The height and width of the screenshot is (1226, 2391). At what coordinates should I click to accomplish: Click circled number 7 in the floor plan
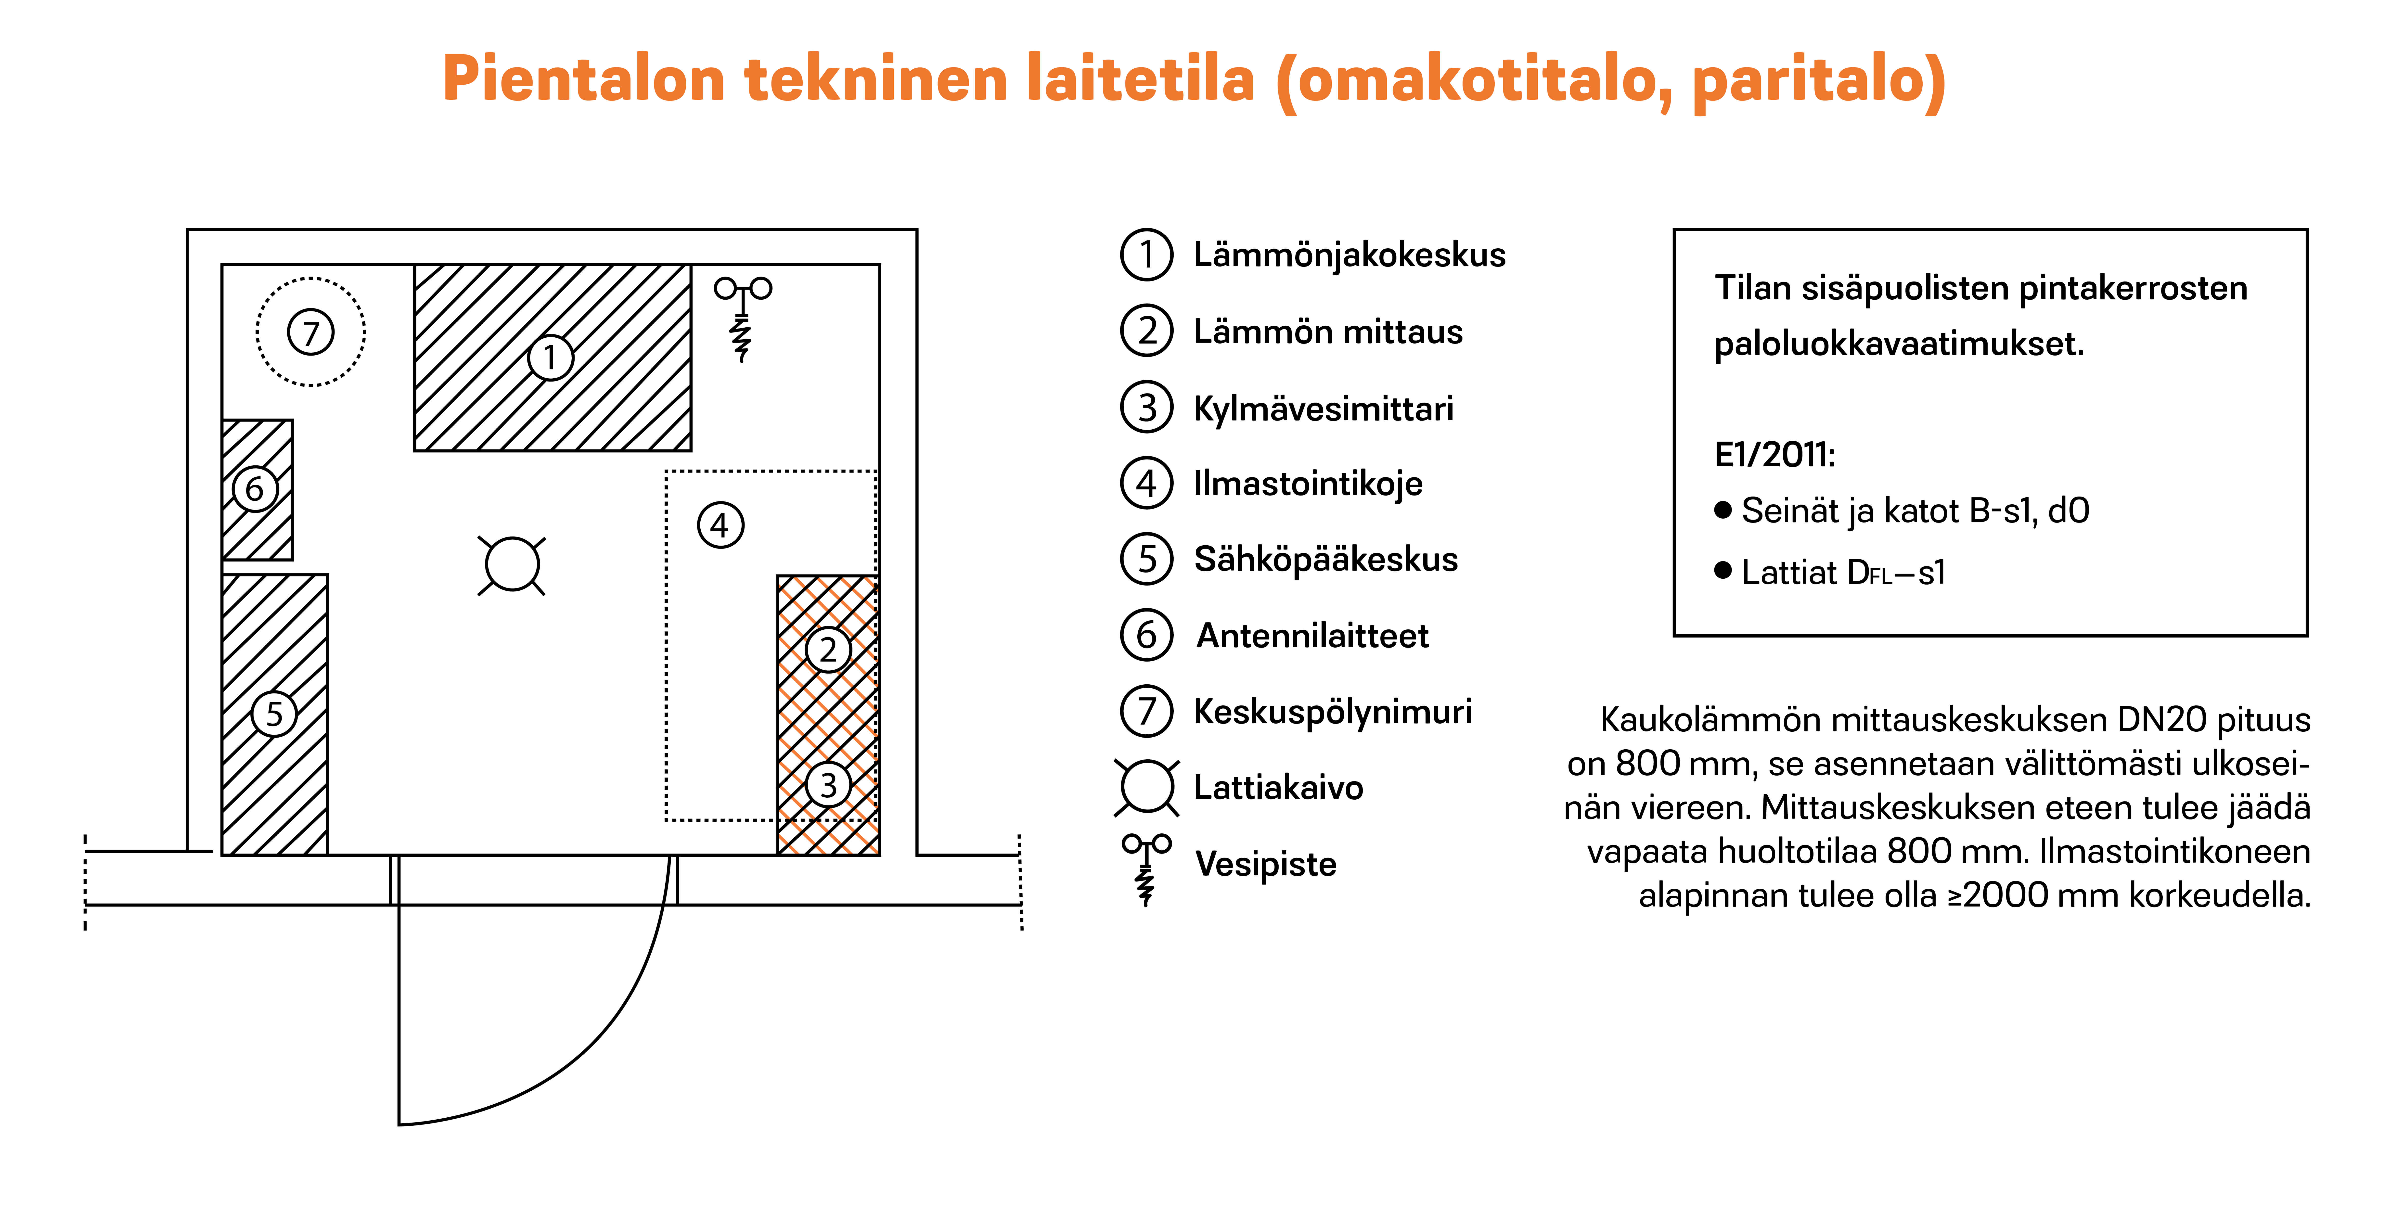(x=311, y=332)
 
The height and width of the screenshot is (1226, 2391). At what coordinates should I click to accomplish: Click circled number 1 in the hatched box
(x=550, y=357)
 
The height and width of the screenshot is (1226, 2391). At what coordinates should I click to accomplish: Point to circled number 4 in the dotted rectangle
(x=720, y=525)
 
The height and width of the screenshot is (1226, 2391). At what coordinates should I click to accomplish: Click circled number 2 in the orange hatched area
(x=828, y=650)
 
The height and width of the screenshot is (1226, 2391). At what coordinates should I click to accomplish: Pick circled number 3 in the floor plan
(x=828, y=785)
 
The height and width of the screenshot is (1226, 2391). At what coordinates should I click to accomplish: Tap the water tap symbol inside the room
(x=743, y=316)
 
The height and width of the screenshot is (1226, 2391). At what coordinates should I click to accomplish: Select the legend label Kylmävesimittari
(x=1323, y=408)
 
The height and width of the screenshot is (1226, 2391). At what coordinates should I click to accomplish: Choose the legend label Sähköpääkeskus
(x=1325, y=560)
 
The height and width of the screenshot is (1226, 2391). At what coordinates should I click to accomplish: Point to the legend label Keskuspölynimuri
(x=1332, y=712)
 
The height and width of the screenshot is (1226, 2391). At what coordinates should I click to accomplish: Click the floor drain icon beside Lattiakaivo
(x=1147, y=787)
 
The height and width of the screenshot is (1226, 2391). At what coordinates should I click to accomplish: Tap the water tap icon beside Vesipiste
(x=1146, y=868)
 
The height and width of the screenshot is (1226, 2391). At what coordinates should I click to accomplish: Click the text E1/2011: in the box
(x=1774, y=455)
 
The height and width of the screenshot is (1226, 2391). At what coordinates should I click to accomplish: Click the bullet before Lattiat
(x=1723, y=570)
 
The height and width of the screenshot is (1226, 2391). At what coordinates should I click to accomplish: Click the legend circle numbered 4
(x=1147, y=484)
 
